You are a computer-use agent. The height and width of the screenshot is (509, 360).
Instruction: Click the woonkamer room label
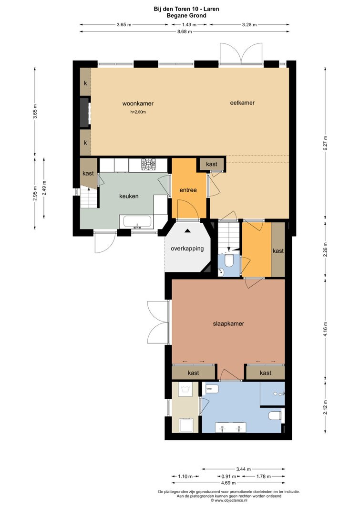tap(138, 104)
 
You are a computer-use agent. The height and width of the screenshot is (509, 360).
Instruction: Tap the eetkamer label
tap(242, 103)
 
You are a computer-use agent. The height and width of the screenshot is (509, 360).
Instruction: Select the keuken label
tap(129, 196)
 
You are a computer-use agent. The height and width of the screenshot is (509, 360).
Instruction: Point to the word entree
tap(188, 190)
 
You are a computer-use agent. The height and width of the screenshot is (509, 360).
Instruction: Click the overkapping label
tap(187, 249)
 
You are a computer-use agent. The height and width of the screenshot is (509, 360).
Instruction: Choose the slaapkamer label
tap(228, 323)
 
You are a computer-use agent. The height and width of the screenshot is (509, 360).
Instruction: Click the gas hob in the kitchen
tap(149, 164)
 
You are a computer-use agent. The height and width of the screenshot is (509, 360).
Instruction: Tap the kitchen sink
tap(137, 222)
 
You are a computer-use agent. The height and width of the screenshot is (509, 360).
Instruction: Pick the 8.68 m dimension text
tap(184, 31)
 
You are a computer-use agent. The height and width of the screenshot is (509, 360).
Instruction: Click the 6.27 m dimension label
tap(326, 143)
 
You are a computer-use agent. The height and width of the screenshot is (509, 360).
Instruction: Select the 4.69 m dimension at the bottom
tap(229, 483)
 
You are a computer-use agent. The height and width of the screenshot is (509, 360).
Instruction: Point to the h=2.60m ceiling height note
tap(138, 112)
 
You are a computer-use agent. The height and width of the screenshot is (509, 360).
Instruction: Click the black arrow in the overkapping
tap(187, 231)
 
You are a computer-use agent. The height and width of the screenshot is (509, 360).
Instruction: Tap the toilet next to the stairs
tap(229, 260)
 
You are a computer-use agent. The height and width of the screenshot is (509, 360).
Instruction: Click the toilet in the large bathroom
tap(275, 416)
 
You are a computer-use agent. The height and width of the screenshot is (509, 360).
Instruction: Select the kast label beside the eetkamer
tap(211, 164)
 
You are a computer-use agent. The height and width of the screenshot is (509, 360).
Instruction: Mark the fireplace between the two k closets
tap(85, 112)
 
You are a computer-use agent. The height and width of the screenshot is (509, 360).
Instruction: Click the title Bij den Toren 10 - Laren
tap(186, 9)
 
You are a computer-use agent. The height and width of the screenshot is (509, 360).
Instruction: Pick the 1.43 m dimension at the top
tap(189, 25)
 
